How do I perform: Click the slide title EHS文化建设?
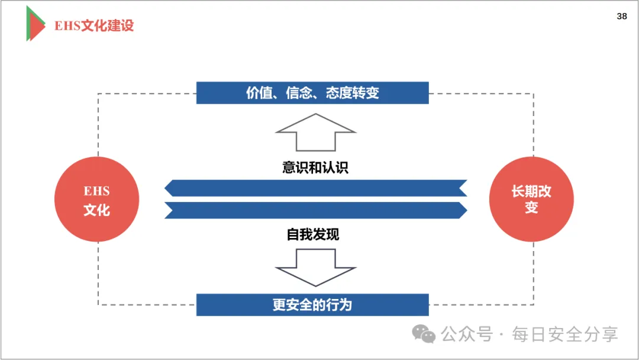[94, 26]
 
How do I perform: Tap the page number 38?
[622, 17]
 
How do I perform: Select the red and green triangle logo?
[35, 24]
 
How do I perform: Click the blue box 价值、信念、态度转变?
[312, 93]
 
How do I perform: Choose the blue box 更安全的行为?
[312, 305]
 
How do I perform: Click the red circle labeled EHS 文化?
[96, 200]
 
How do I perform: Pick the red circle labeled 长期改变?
[531, 200]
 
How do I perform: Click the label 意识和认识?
[315, 168]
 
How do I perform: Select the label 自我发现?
[313, 234]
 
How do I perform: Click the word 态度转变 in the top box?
[352, 93]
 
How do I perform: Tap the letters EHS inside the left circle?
[96, 191]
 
